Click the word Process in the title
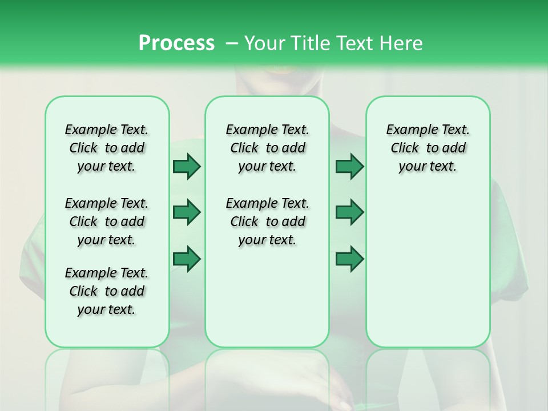pyautogui.click(x=176, y=43)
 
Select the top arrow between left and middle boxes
pyautogui.click(x=187, y=166)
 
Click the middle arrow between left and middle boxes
pyautogui.click(x=187, y=212)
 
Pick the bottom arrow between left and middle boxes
pyautogui.click(x=187, y=259)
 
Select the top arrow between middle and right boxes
pyautogui.click(x=349, y=166)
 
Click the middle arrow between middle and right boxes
pyautogui.click(x=349, y=212)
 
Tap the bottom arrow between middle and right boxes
pyautogui.click(x=349, y=259)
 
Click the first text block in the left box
pyautogui.click(x=107, y=148)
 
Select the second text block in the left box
pyautogui.click(x=107, y=221)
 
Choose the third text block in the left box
pyautogui.click(x=107, y=291)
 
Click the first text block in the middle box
pyautogui.click(x=267, y=148)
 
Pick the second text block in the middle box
pyautogui.click(x=267, y=221)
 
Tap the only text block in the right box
pyautogui.click(x=428, y=148)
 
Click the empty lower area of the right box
pyautogui.click(x=428, y=274)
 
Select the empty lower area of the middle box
pyautogui.click(x=267, y=303)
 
